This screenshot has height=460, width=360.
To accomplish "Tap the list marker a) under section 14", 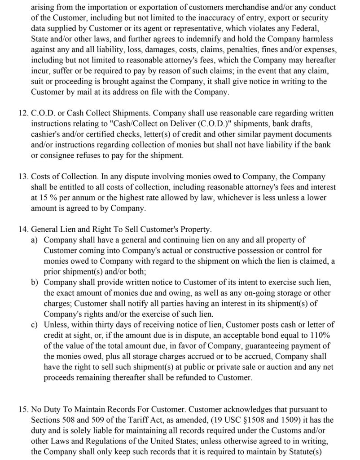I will [34, 240].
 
